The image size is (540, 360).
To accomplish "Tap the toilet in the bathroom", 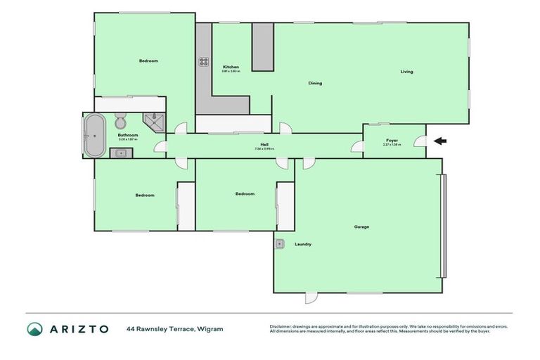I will click(120, 117).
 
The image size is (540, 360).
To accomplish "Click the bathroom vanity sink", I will click(116, 153).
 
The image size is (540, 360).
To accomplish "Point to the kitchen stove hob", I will click(203, 62).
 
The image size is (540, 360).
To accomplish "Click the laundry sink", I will click(280, 244).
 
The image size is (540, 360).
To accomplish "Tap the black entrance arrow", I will click(439, 141).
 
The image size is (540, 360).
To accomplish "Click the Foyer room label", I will click(392, 141).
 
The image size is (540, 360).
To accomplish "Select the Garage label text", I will click(361, 226).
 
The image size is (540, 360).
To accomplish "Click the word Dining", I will click(315, 83).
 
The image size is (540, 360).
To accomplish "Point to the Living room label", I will click(406, 72).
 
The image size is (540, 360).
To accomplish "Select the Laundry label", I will click(304, 244).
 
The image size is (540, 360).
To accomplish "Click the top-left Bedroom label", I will click(148, 61).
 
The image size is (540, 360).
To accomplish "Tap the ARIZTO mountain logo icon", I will click(35, 329).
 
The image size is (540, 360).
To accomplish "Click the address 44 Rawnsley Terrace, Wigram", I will click(175, 328).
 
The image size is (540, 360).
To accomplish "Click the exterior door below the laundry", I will click(310, 298).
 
